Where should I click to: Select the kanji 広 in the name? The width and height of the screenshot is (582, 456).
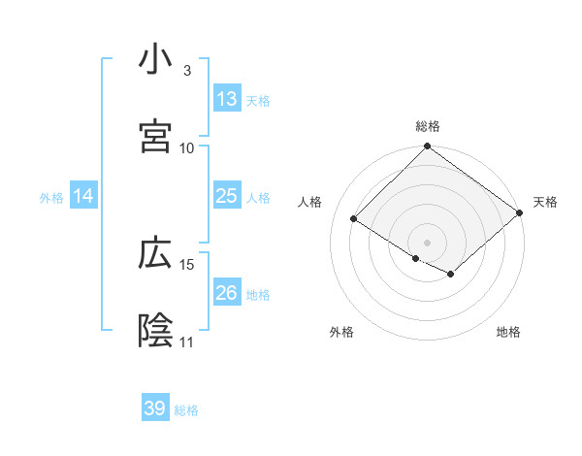[x=155, y=254]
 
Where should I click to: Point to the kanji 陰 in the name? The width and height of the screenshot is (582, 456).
[x=155, y=331]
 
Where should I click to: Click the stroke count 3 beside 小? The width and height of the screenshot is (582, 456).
[x=186, y=71]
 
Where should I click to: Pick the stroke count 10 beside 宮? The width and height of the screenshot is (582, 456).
[x=187, y=147]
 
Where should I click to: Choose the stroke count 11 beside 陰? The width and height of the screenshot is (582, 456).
[x=187, y=342]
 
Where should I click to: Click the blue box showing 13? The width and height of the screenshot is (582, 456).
[x=227, y=99]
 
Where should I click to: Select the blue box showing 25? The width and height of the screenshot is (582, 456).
[x=227, y=196]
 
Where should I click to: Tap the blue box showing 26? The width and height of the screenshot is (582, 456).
[x=227, y=293]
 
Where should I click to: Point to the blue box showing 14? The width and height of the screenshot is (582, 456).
[x=83, y=196]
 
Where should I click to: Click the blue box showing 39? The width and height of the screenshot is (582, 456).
[x=155, y=408]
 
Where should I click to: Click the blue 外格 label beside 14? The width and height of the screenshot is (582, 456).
[x=51, y=197]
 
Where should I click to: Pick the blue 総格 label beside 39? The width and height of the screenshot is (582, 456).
[x=186, y=409]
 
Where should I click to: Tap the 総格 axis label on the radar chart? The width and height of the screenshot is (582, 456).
[x=428, y=126]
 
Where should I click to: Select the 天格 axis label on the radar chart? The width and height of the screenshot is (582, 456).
[x=545, y=202]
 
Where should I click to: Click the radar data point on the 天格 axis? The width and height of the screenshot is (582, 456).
[x=521, y=213]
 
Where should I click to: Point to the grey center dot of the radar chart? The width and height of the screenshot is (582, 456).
[x=428, y=241]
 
